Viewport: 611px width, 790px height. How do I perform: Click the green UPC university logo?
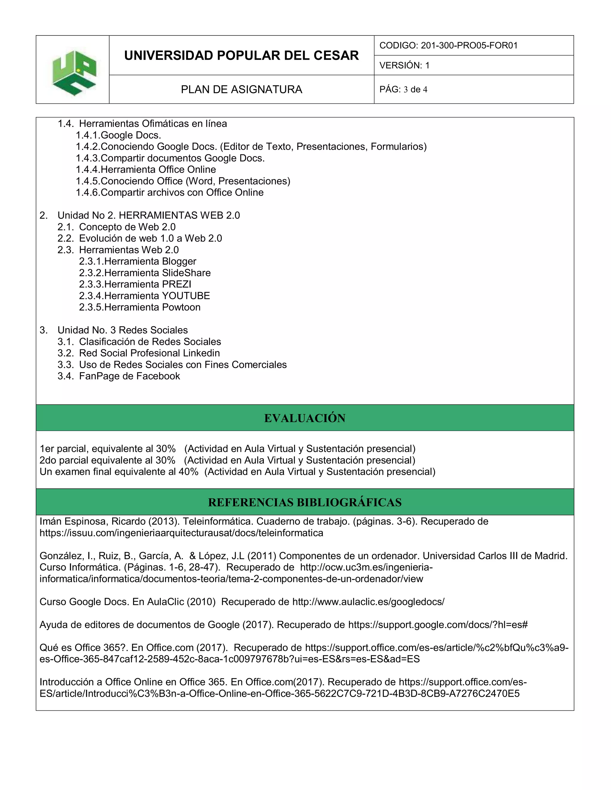point(74,73)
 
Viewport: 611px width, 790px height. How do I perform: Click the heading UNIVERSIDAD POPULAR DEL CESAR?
point(241,56)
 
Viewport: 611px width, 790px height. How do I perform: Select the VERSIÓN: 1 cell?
point(404,66)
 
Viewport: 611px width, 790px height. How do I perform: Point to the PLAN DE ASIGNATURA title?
point(241,89)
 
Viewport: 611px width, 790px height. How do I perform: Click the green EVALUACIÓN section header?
point(305,418)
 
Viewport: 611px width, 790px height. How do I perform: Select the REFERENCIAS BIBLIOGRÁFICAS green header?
point(305,502)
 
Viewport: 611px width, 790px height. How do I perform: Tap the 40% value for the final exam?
point(188,472)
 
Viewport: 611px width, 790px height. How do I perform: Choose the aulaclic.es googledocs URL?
point(368,602)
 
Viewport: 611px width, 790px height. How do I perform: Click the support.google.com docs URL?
point(438,625)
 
